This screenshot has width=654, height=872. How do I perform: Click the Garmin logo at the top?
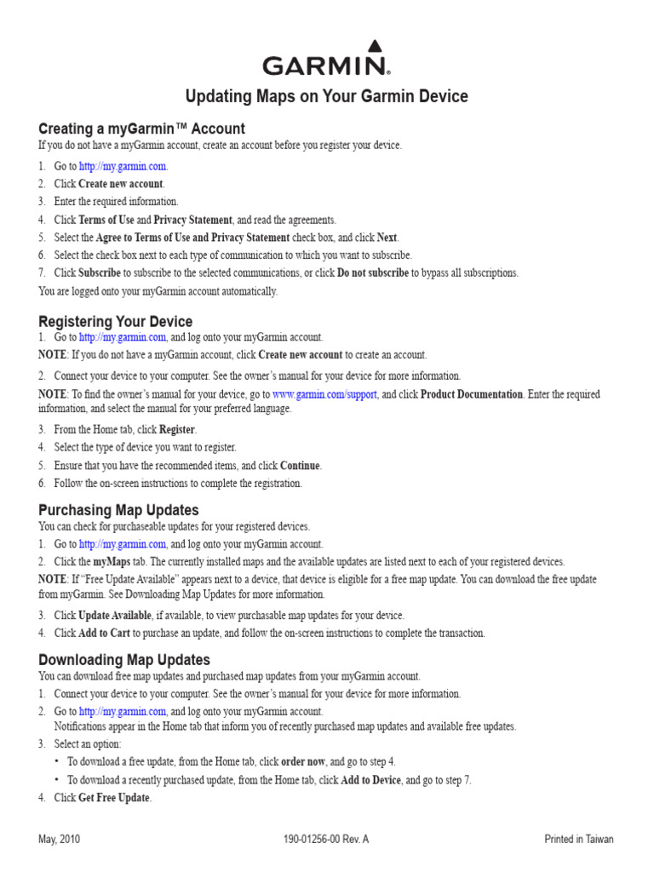pyautogui.click(x=326, y=60)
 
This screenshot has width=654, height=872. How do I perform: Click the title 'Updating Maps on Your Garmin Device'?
pyautogui.click(x=326, y=96)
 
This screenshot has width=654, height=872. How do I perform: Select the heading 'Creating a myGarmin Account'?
pyautogui.click(x=141, y=129)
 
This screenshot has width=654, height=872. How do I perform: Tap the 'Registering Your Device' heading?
pyautogui.click(x=116, y=322)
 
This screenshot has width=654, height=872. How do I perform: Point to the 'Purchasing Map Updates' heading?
pyautogui.click(x=118, y=510)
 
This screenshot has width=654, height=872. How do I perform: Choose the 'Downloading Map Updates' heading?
pyautogui.click(x=124, y=660)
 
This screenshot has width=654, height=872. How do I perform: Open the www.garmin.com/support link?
pyautogui.click(x=325, y=394)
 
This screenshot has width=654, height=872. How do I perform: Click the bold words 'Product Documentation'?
pyautogui.click(x=472, y=394)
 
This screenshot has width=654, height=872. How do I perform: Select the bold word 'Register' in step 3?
pyautogui.click(x=177, y=429)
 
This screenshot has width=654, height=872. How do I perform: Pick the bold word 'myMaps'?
pyautogui.click(x=112, y=561)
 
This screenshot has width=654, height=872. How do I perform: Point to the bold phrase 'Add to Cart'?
pyautogui.click(x=105, y=633)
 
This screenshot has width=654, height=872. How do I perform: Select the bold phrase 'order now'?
pyautogui.click(x=303, y=761)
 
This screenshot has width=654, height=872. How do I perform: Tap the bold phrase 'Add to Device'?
pyautogui.click(x=370, y=780)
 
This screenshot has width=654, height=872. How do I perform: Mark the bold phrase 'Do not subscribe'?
pyautogui.click(x=373, y=272)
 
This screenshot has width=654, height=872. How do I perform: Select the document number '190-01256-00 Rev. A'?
pyautogui.click(x=326, y=839)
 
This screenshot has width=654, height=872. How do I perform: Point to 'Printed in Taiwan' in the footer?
pyautogui.click(x=578, y=839)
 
